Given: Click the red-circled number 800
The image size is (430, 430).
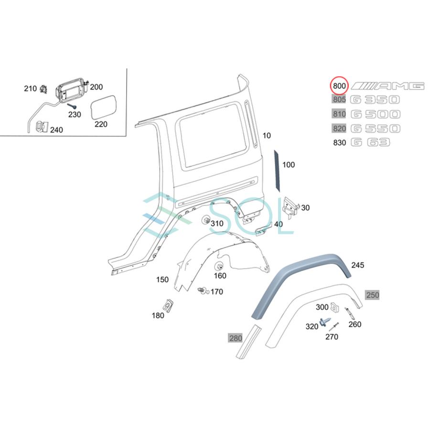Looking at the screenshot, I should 339,86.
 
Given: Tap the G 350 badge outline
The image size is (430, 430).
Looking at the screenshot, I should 375,100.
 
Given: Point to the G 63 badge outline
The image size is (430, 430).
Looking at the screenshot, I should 370,142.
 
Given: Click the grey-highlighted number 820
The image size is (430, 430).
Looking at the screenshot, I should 339,128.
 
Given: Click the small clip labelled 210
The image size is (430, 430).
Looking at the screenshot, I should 44,88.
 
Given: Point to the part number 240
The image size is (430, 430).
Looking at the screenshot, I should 56,130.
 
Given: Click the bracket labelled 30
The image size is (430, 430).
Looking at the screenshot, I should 290,205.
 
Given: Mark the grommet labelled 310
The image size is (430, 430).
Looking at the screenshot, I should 207,220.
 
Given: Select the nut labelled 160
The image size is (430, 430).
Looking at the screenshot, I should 220,266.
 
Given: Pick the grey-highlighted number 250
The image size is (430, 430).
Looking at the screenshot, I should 372,295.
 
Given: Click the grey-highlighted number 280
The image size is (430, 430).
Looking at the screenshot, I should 235,338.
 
